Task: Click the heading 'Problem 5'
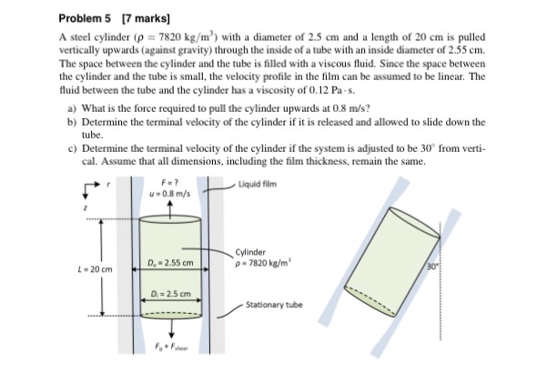(x=86, y=18)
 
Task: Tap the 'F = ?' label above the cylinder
(x=169, y=182)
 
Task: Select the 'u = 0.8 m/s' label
(x=170, y=193)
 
